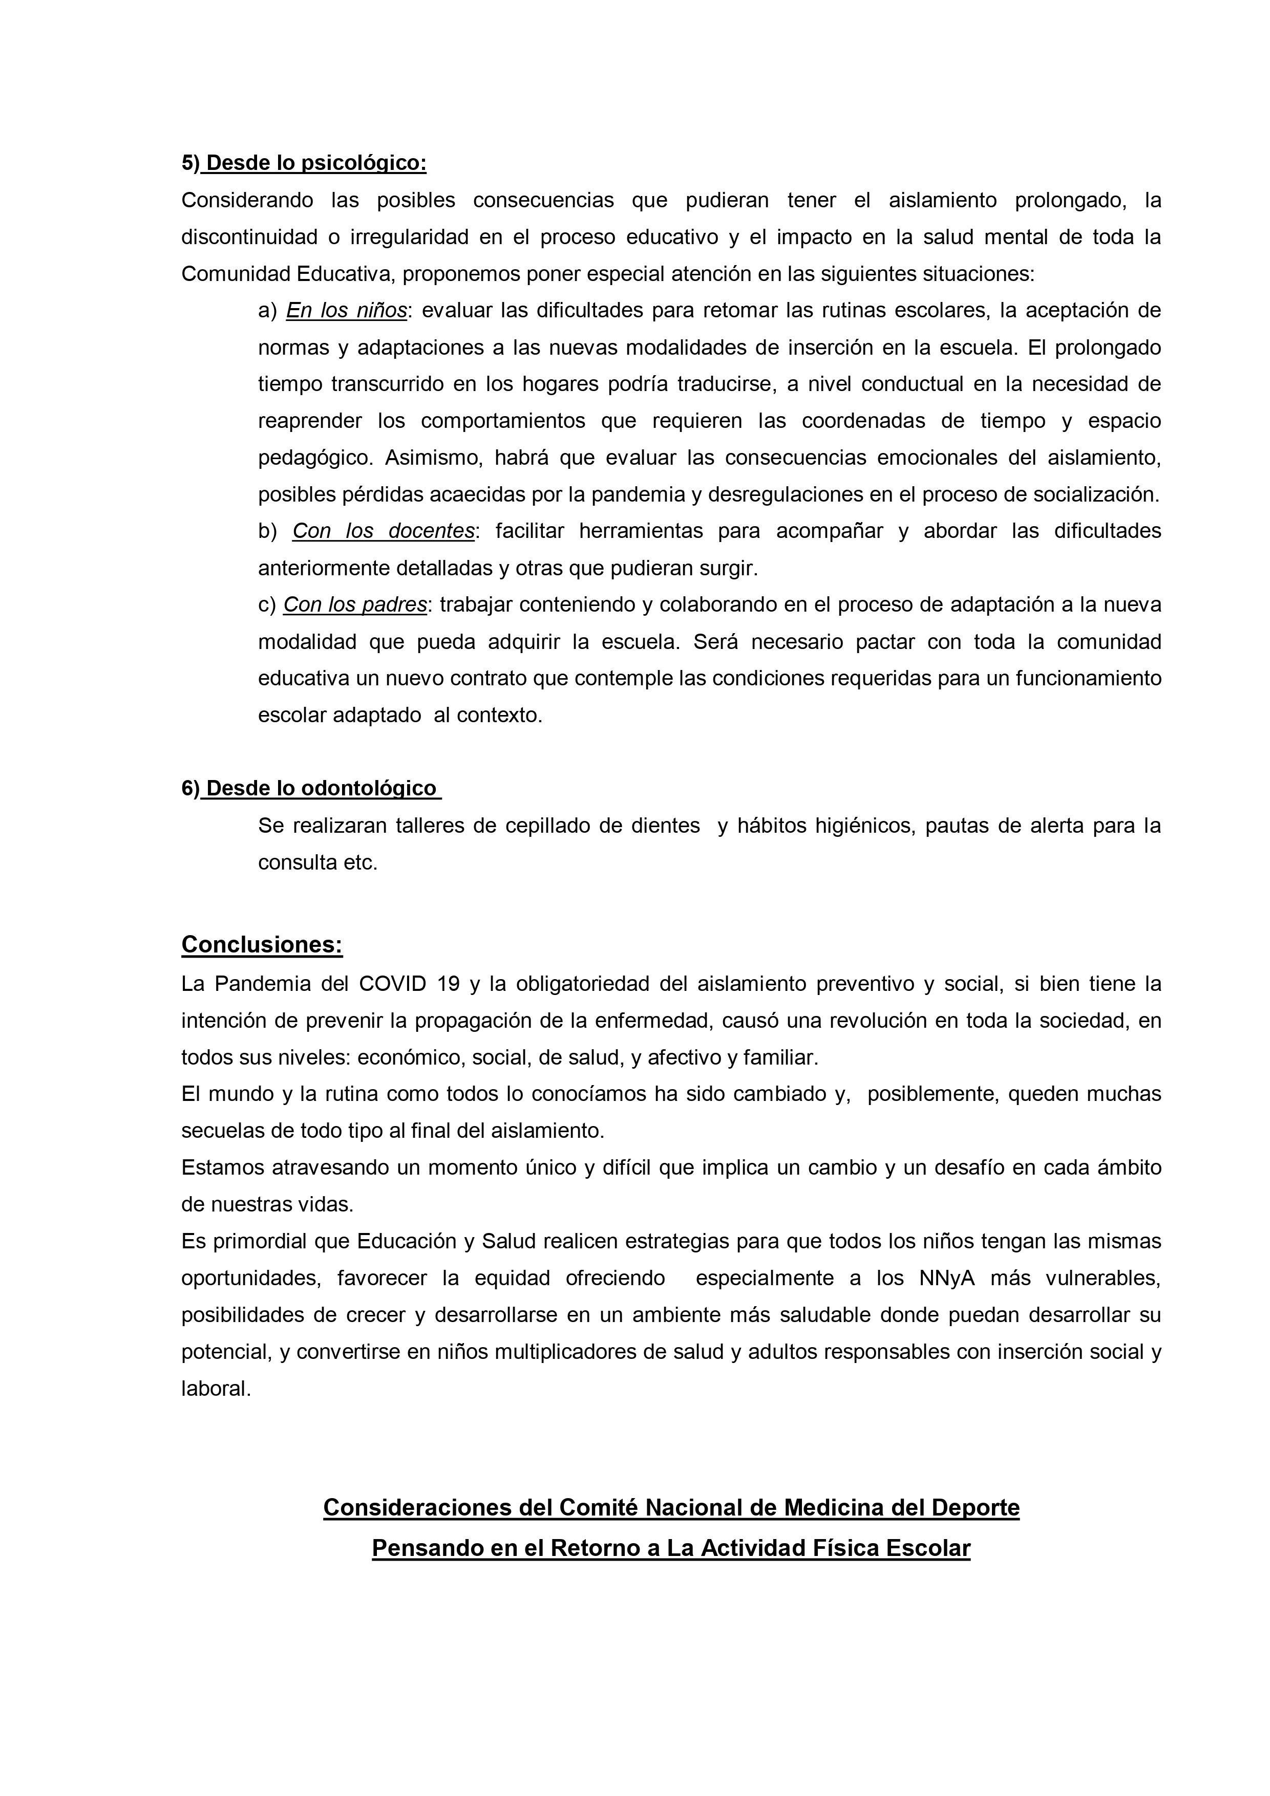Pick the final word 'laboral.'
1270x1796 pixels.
pos(216,1389)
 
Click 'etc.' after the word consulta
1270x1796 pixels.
pos(360,863)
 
